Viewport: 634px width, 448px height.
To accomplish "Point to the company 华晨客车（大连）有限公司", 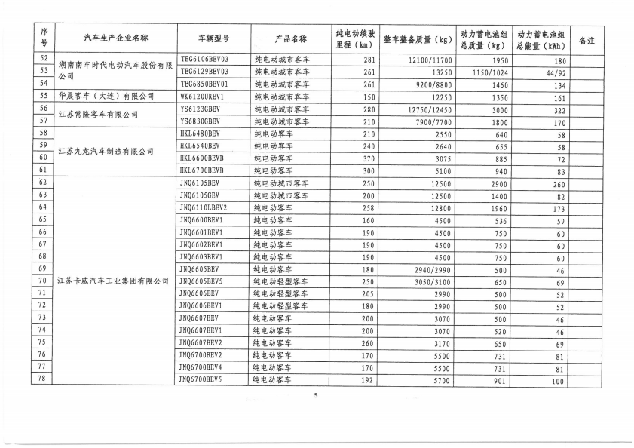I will [106, 97].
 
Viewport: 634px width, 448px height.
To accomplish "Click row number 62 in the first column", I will [43, 183].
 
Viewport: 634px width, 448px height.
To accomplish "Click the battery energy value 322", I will [559, 110].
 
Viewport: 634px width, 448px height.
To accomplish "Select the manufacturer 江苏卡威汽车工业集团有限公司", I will [114, 281].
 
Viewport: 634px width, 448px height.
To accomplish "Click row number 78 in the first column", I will [43, 379].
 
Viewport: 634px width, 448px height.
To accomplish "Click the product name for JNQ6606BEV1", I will [280, 305].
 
